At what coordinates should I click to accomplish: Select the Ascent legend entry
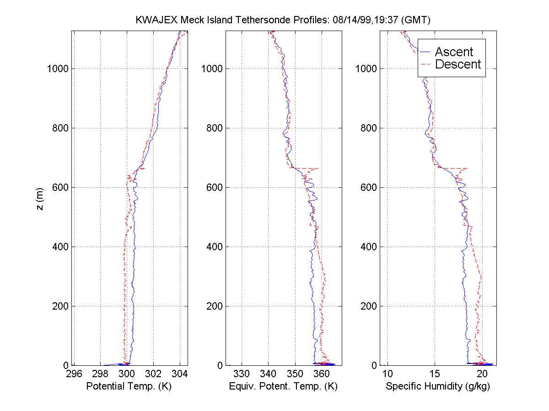(453, 52)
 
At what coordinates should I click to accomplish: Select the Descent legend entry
(457, 64)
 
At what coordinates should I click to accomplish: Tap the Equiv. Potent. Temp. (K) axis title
(283, 386)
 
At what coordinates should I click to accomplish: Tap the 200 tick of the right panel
(367, 306)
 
